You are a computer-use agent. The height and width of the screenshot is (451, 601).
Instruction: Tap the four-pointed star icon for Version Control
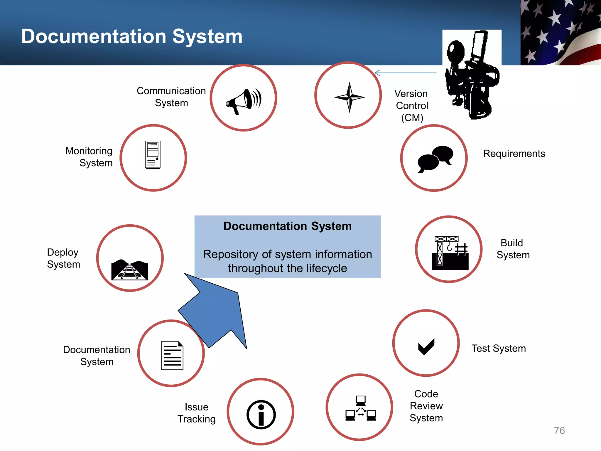(349, 97)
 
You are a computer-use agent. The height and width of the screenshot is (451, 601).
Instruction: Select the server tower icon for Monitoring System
(153, 155)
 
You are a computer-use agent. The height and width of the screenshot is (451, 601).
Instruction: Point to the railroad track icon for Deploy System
(130, 270)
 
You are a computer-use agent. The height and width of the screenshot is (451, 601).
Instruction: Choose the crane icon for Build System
(450, 253)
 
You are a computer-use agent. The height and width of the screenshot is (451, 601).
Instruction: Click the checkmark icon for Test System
(426, 346)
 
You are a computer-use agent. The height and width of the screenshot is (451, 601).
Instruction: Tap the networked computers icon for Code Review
(361, 408)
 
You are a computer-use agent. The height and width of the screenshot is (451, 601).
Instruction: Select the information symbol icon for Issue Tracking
(261, 415)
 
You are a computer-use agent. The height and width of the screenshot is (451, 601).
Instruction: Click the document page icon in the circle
(172, 355)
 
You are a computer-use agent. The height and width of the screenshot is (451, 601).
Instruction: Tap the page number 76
(559, 430)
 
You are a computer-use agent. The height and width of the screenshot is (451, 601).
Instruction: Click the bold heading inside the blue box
(287, 226)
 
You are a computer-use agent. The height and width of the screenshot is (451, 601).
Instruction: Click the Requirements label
(514, 154)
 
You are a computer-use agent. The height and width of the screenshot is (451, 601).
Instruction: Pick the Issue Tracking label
(196, 413)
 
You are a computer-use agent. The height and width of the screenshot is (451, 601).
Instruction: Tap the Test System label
(499, 348)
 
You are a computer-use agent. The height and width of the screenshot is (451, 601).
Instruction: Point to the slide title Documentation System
(132, 36)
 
